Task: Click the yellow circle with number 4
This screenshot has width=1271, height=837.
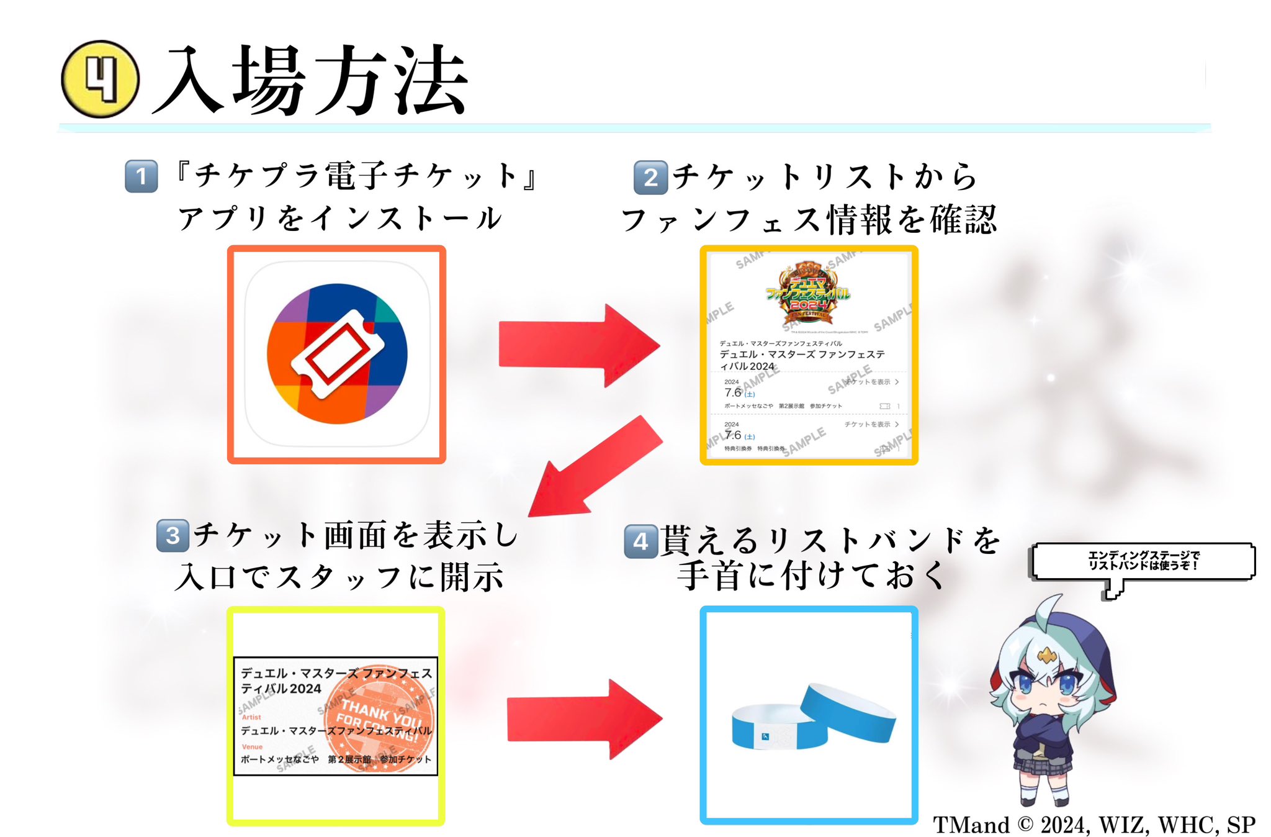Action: (100, 79)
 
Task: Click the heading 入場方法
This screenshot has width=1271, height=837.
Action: (310, 81)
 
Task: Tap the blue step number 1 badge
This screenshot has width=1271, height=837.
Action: (141, 176)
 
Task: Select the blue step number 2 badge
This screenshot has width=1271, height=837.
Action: (650, 178)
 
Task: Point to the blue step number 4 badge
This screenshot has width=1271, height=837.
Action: (640, 541)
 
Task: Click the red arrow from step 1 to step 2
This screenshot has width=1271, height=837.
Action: (577, 345)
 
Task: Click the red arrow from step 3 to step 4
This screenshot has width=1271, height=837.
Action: (583, 719)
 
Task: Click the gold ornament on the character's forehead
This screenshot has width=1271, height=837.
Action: (1046, 654)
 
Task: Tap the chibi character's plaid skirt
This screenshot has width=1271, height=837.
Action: (1043, 762)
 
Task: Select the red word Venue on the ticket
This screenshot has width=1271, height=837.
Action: (252, 746)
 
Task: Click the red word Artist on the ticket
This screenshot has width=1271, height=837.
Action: (251, 717)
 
